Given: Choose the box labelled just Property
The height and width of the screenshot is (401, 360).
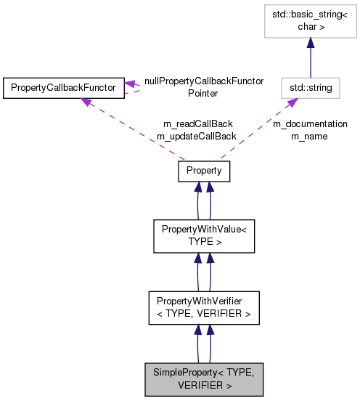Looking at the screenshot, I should point(204,171).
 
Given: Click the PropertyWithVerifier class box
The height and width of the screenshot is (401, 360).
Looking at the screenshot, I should point(204,308).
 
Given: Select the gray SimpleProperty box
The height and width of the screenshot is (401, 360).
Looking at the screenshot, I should point(204,378).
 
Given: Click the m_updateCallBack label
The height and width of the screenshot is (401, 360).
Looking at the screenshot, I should point(197,136).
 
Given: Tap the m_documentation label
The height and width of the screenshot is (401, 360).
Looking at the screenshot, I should point(310,124).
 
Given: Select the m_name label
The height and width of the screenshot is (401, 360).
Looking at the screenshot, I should point(310,136).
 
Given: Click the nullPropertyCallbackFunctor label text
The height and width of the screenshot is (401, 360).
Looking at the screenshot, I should point(204,81).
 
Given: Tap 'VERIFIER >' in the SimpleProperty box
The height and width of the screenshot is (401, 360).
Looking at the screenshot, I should point(205,385).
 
